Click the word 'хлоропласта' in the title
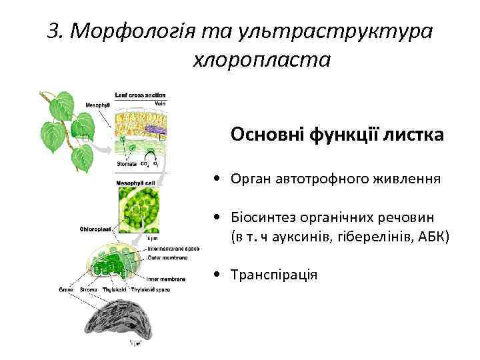(261, 60)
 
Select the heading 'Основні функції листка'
(337, 135)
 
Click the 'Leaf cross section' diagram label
(140, 95)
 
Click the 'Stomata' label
(127, 163)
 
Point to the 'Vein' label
(160, 103)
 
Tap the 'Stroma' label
(90, 290)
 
